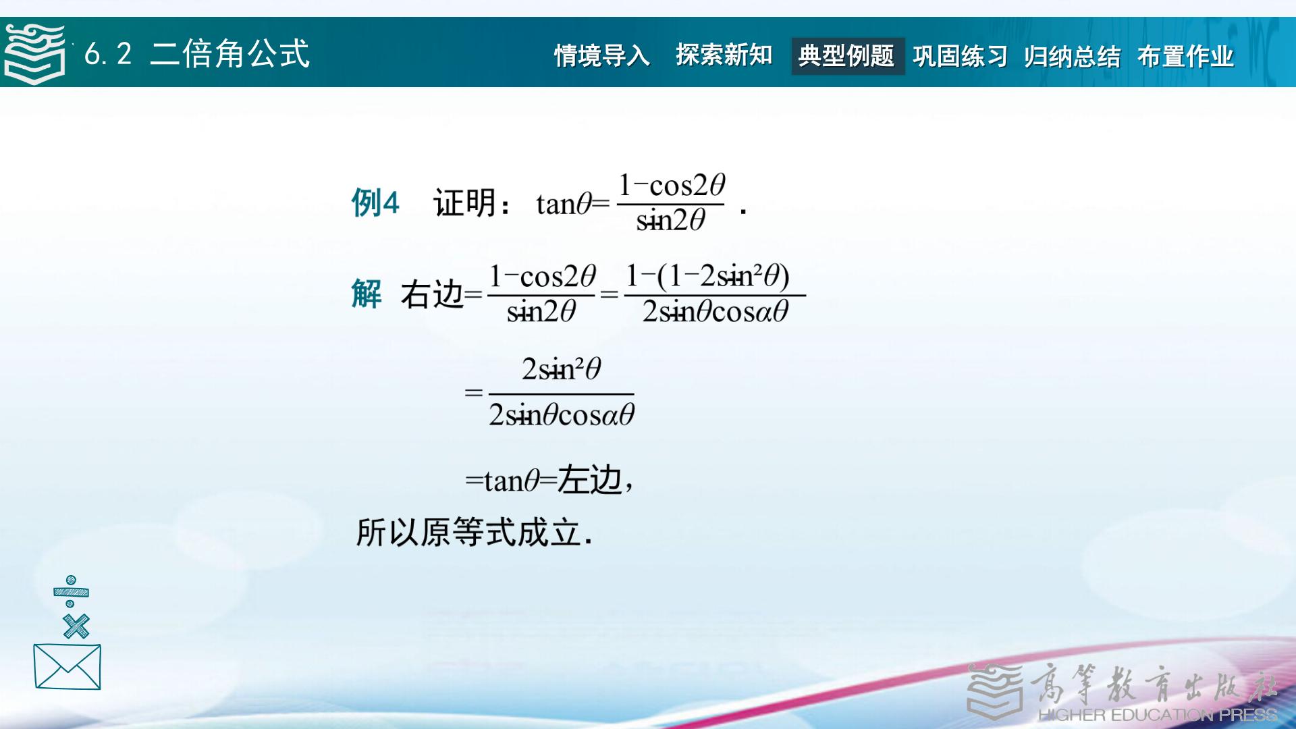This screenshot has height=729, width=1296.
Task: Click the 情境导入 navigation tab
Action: (x=601, y=56)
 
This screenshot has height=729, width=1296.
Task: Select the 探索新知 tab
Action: (x=724, y=55)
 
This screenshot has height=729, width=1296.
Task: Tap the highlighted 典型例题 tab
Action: (x=846, y=56)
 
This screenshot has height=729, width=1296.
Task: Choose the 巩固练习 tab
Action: (x=960, y=56)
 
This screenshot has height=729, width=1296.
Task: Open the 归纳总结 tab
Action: (x=1072, y=56)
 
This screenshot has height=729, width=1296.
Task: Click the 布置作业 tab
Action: (x=1185, y=56)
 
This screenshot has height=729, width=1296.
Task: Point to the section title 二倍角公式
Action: (x=230, y=53)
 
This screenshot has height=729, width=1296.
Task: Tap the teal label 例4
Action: (x=375, y=202)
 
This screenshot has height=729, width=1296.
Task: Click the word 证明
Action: (x=465, y=202)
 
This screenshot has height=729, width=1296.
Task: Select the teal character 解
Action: (x=367, y=294)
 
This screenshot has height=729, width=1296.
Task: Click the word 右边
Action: (x=432, y=294)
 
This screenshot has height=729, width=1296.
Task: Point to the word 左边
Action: (x=589, y=480)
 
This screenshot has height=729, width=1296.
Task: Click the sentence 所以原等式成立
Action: (x=475, y=533)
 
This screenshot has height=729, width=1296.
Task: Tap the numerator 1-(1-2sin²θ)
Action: (x=707, y=276)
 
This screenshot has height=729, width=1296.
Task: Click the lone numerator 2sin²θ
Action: (x=561, y=369)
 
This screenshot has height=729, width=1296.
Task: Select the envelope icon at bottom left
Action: (x=67, y=667)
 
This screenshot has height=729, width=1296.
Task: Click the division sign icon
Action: (x=71, y=592)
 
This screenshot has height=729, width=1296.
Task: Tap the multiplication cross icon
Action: (x=76, y=626)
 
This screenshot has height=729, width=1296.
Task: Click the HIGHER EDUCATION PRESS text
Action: (x=1157, y=715)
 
